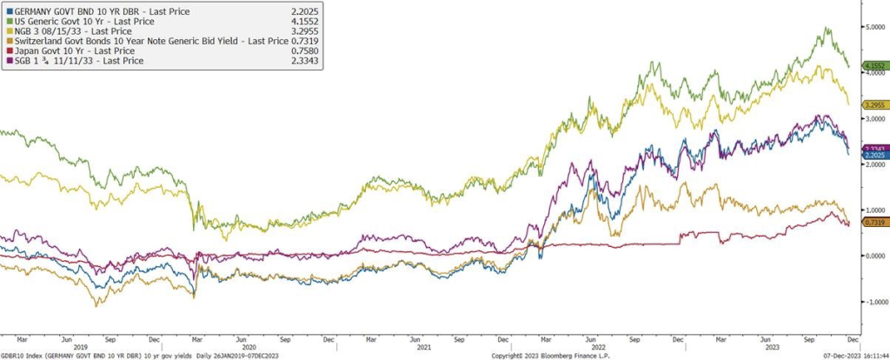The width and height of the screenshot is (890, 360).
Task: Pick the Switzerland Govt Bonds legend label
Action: click(130, 40)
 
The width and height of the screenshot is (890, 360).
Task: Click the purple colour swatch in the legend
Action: click(9, 61)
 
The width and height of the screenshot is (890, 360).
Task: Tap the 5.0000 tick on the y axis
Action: click(873, 27)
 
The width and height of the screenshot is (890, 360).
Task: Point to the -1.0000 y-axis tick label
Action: click(872, 302)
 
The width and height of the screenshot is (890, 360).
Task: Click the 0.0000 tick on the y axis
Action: click(873, 256)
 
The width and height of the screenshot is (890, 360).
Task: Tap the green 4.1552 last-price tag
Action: click(874, 66)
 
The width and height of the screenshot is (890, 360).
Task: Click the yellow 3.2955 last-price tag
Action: click(874, 105)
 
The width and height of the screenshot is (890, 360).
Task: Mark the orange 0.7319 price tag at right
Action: click(874, 223)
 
